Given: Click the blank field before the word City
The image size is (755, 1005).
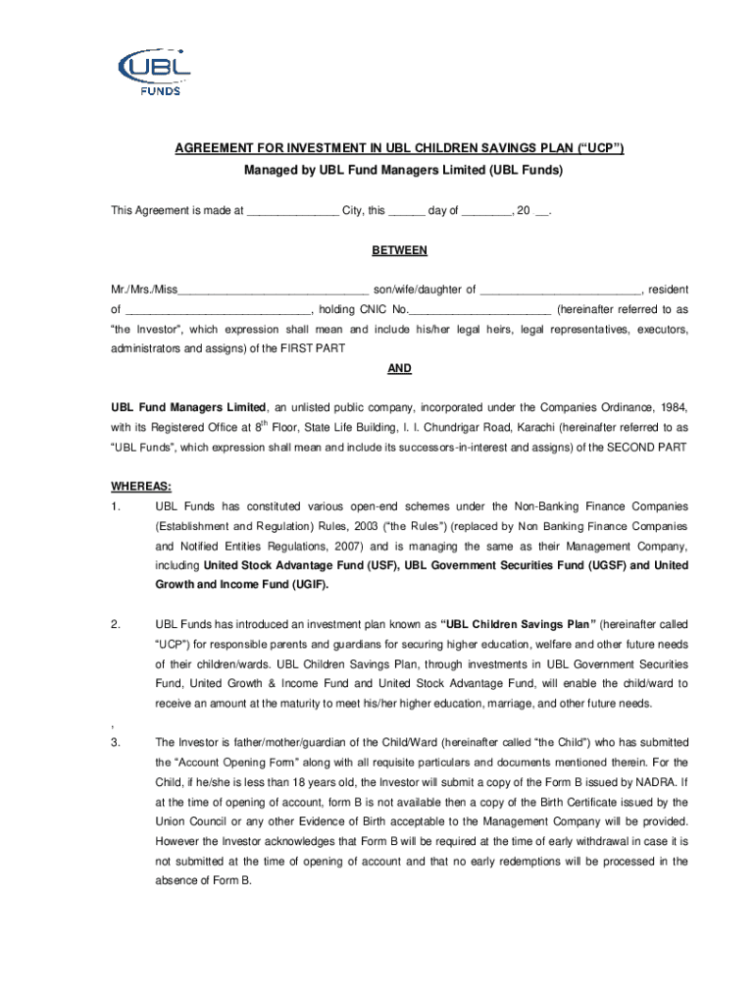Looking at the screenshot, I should [x=291, y=211].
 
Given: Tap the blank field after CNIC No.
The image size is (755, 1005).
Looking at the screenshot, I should [x=477, y=309].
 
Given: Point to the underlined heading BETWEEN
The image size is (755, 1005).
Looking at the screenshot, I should [x=399, y=250].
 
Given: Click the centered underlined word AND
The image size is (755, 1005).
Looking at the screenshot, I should [x=399, y=368].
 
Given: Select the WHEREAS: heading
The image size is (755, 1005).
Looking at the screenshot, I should [x=141, y=487].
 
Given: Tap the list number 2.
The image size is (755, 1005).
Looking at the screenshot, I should [x=116, y=624].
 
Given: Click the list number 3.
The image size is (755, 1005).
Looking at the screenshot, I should [x=116, y=742].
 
